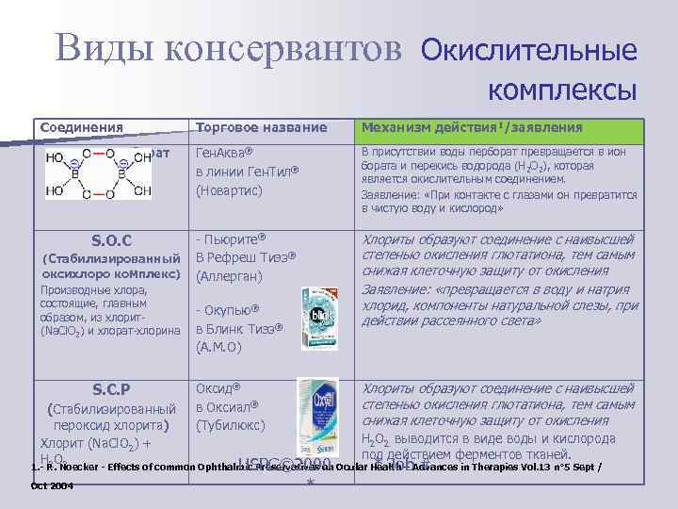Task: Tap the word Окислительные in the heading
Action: click(x=528, y=49)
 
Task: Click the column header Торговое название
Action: click(x=261, y=127)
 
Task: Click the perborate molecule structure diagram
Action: click(x=98, y=175)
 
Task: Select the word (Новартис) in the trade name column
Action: click(x=230, y=190)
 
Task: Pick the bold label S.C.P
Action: click(x=111, y=388)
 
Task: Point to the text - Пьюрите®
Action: click(x=231, y=238)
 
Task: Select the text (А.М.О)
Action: click(x=219, y=347)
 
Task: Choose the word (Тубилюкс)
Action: click(x=232, y=424)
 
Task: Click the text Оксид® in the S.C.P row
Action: click(x=219, y=387)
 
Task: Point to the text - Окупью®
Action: click(x=227, y=309)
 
